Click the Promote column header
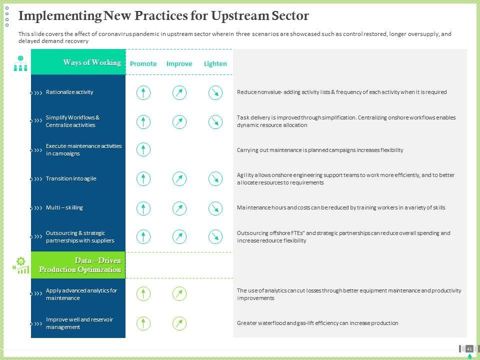click(x=143, y=63)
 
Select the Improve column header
click(x=179, y=63)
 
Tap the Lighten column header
click(x=215, y=63)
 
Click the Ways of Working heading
click(x=92, y=62)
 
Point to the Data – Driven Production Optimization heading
click(x=80, y=265)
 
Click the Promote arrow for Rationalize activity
click(x=143, y=93)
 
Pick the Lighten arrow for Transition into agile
click(x=215, y=179)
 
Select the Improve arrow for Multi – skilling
click(x=179, y=208)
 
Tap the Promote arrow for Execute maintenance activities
click(x=143, y=149)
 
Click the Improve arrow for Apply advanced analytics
click(x=179, y=294)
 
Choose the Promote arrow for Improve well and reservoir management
click(x=143, y=323)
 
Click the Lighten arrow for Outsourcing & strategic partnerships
click(x=215, y=237)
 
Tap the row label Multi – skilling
click(x=64, y=207)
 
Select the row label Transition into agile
click(x=71, y=178)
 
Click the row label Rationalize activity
click(x=69, y=92)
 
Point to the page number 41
click(x=469, y=348)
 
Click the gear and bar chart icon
click(x=21, y=265)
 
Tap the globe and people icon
click(x=20, y=63)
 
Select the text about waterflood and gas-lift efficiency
click(x=317, y=323)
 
